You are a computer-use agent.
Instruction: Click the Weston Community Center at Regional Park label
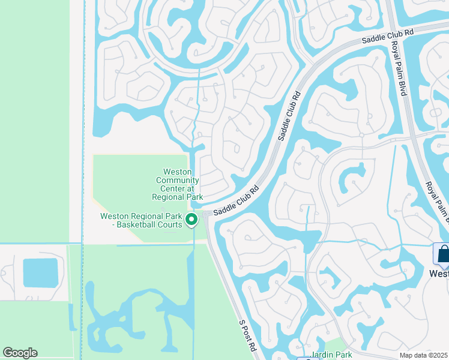(x=177, y=184)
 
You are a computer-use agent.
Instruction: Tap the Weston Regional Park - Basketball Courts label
(x=141, y=220)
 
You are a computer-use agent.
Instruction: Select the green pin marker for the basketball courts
(x=191, y=220)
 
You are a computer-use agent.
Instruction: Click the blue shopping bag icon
(x=443, y=254)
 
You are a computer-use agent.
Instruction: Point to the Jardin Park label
(x=330, y=355)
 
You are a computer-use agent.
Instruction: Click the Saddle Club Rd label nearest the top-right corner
(x=387, y=38)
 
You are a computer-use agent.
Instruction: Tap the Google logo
(x=20, y=353)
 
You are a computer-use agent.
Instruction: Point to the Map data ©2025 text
(x=424, y=355)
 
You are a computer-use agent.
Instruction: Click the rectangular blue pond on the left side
(x=41, y=272)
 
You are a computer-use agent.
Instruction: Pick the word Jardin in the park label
(x=321, y=355)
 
